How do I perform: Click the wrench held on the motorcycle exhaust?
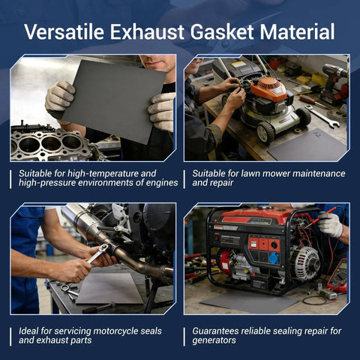tap(97, 253)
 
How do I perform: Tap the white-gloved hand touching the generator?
tap(329, 224)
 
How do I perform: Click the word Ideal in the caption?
tap(31, 330)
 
